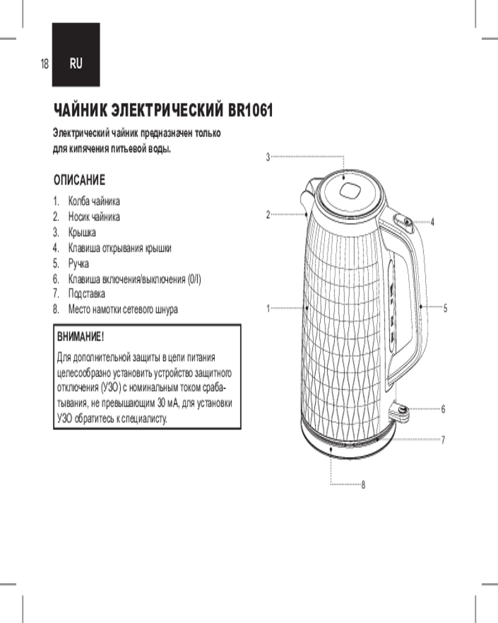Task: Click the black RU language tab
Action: [76, 55]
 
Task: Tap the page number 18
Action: [44, 64]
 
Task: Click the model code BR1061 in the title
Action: [251, 110]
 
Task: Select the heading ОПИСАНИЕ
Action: [80, 180]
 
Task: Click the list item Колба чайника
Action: [94, 201]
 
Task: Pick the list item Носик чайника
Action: [94, 217]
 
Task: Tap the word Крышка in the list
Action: [82, 232]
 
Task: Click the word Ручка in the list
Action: [78, 264]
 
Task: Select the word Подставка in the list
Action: [87, 293]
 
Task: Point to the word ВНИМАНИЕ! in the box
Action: [81, 337]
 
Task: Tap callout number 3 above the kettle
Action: [268, 158]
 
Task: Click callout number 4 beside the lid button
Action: [433, 222]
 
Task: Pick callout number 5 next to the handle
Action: [445, 308]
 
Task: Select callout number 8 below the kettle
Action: [363, 485]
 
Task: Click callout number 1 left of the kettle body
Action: [268, 308]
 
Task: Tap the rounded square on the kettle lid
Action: [349, 190]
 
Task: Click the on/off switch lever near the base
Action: [400, 411]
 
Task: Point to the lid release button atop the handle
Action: [403, 221]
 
